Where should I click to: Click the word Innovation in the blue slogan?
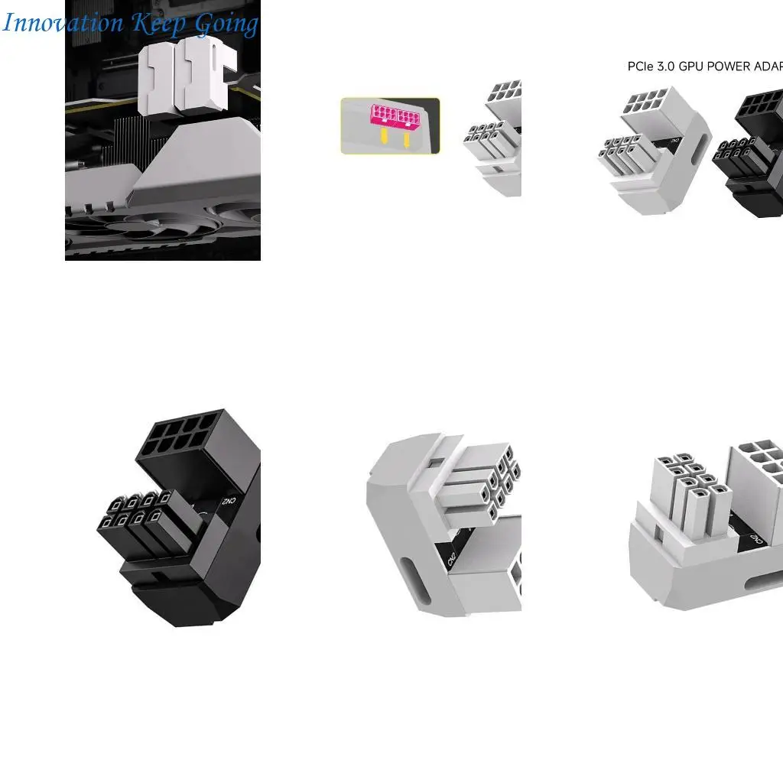[63, 23]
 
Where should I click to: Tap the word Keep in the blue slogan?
[158, 24]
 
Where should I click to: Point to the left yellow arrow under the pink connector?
[382, 137]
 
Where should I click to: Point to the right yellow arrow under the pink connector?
[407, 139]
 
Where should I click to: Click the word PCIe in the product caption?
[641, 67]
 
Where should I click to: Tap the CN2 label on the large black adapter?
[228, 502]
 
